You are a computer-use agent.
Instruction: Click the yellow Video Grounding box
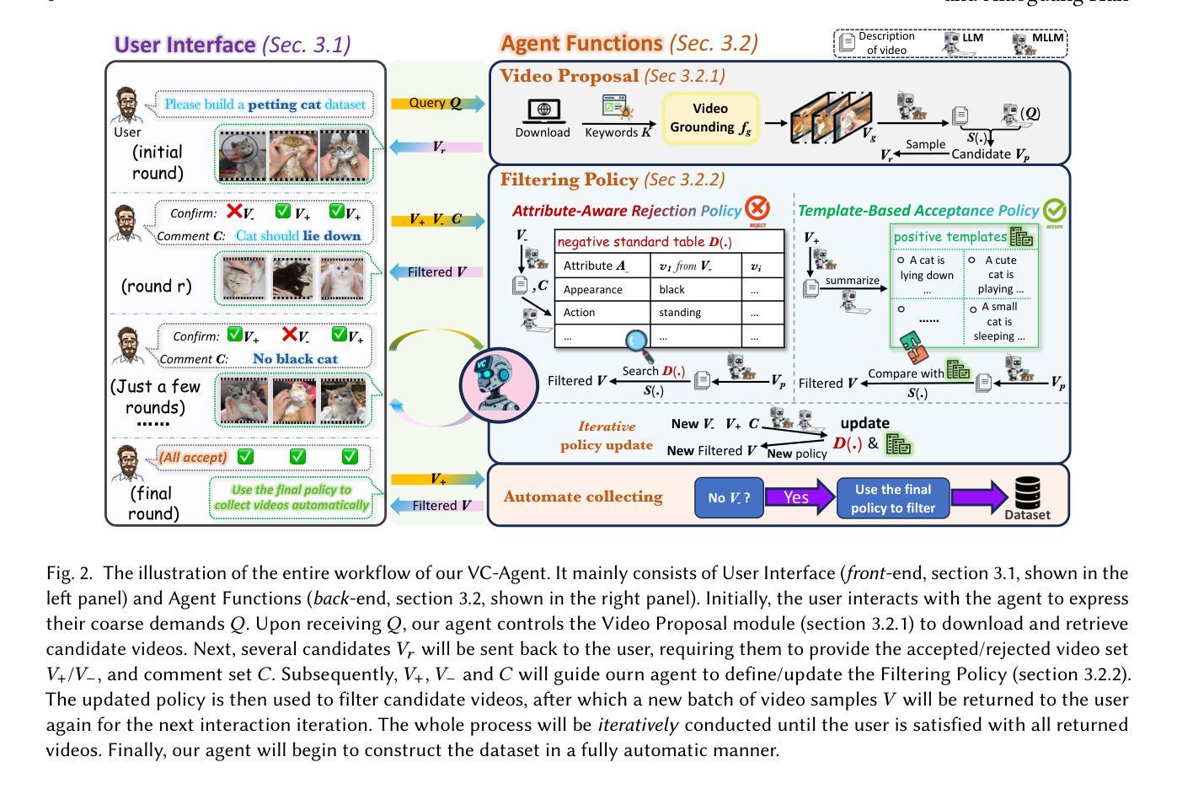[x=710, y=118]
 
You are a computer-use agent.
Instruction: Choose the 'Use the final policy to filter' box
[x=892, y=497]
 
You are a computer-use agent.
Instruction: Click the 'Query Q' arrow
[x=437, y=104]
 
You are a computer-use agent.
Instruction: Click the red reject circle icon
[x=757, y=208]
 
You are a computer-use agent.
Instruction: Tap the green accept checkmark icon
[x=1053, y=211]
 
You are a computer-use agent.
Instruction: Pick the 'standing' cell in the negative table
[x=679, y=312]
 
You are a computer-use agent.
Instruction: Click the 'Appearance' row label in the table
[x=592, y=289]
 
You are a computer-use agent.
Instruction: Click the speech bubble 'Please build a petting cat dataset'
[x=265, y=105]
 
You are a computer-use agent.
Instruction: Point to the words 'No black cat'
[x=295, y=359]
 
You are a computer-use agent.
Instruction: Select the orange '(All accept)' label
[x=193, y=457]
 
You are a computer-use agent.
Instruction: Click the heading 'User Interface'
[x=185, y=45]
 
